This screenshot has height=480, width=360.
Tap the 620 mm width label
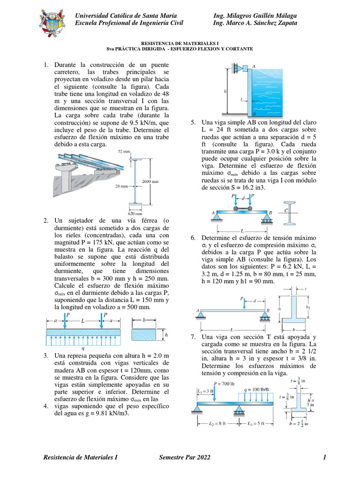135,212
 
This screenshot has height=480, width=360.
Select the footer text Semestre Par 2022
185,457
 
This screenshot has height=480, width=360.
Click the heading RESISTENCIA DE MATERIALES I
180,42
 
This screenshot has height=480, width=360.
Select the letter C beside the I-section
286,211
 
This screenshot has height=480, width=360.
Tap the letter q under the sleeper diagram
83,348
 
